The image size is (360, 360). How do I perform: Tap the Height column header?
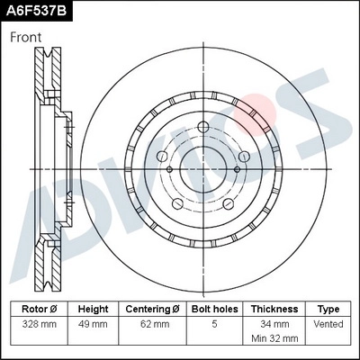(x=93, y=308)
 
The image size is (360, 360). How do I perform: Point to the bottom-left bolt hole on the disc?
(x=178, y=193)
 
